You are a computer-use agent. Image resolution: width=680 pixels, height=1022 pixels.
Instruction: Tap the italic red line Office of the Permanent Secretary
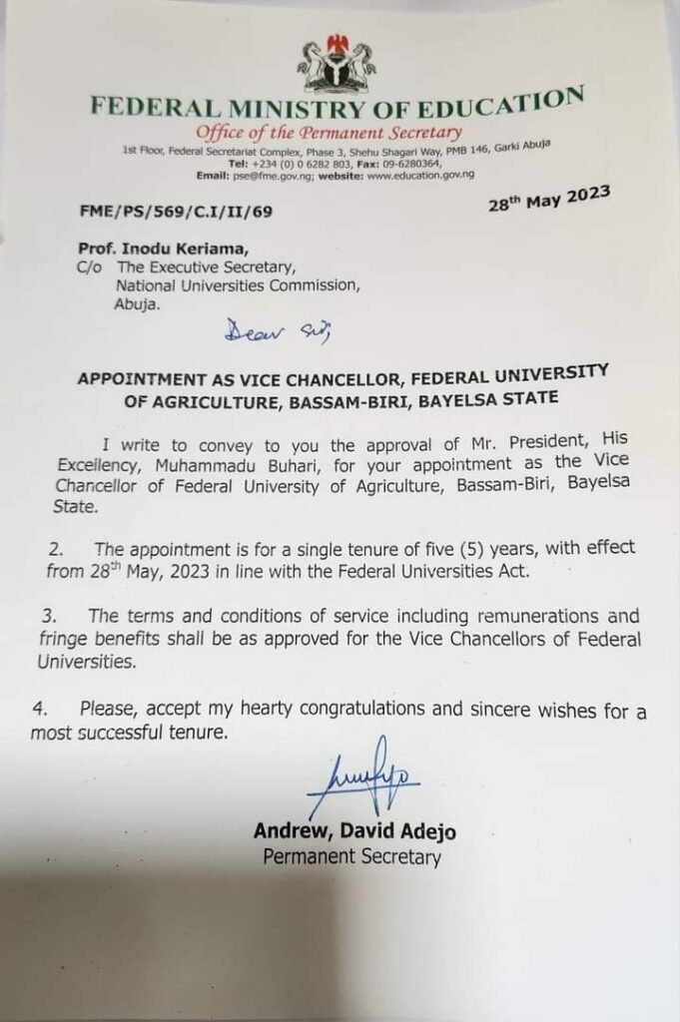[x=329, y=134]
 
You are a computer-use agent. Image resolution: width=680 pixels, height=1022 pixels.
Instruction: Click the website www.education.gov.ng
[x=420, y=174]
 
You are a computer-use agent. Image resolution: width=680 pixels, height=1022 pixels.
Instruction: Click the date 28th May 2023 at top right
[x=547, y=201]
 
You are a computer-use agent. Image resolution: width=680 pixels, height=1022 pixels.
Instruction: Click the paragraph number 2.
[x=57, y=551]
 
